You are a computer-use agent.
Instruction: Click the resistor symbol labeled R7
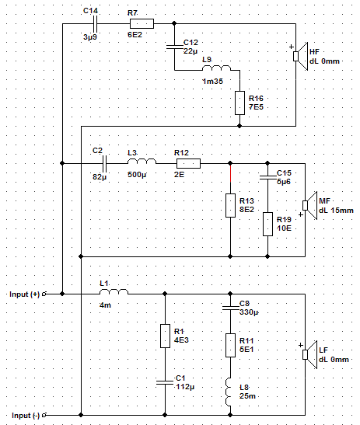142,23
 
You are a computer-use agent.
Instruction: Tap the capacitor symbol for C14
95,24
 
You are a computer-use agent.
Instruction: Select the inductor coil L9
216,68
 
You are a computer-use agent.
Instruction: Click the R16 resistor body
239,103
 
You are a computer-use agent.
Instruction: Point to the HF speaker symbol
301,57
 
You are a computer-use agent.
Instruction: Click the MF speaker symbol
309,205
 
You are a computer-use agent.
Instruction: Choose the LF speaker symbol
309,354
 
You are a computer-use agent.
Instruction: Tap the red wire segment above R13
231,173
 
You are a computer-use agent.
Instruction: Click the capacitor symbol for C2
105,163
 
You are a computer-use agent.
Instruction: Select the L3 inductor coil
142,162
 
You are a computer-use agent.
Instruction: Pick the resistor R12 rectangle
188,163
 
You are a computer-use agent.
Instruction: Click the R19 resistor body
267,225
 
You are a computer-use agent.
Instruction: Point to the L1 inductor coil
114,291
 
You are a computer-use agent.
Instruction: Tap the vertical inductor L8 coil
229,392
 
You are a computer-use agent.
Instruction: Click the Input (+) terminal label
24,294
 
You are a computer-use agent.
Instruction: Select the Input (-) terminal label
26,416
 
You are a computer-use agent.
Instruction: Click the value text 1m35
213,81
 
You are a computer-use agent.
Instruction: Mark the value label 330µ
249,312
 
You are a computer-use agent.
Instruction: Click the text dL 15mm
336,211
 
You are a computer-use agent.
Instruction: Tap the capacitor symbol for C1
165,382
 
